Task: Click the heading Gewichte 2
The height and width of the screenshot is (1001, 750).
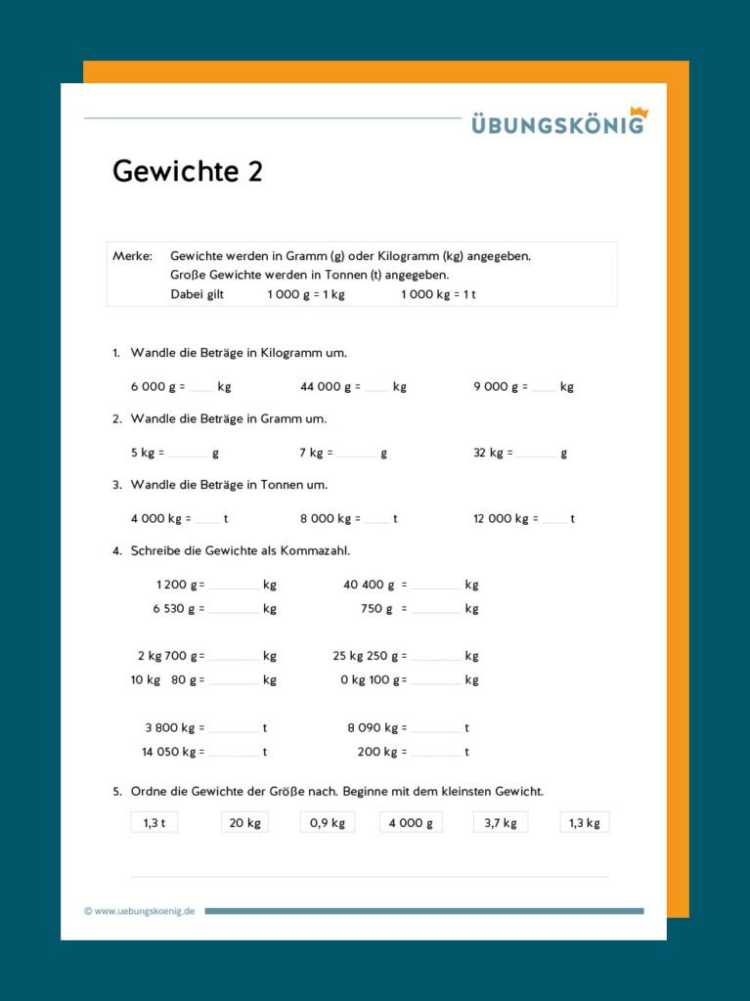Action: click(188, 172)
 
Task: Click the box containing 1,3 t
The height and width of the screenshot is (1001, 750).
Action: click(154, 823)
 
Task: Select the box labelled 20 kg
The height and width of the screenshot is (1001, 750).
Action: click(244, 823)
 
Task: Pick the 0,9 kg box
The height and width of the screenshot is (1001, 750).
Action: click(328, 823)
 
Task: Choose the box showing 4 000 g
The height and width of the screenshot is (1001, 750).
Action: click(411, 823)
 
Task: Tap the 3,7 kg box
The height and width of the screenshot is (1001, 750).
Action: click(501, 823)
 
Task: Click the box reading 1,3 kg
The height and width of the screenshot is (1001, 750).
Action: click(585, 823)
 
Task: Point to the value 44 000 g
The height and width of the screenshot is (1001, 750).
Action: click(329, 386)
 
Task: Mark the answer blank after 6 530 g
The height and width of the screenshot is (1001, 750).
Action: click(233, 610)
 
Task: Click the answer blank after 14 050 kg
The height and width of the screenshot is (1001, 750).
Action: click(233, 754)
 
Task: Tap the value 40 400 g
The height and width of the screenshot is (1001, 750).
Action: click(369, 586)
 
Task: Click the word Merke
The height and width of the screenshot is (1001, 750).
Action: click(132, 256)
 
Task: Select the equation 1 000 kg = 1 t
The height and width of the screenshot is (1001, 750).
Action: click(438, 294)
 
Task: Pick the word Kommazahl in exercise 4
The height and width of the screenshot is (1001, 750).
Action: click(315, 551)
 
